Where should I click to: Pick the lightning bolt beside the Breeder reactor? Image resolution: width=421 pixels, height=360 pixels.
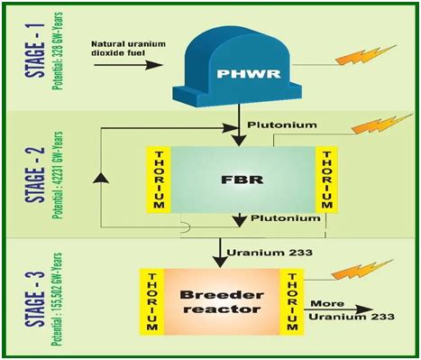(x=367, y=269)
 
